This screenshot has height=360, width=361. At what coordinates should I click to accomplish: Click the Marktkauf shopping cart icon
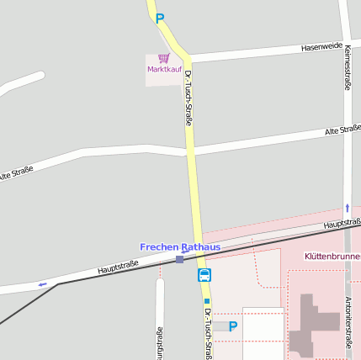pos(163,58)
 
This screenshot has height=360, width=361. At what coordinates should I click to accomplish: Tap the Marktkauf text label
pos(163,69)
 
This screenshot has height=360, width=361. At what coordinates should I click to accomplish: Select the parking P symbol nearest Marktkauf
pos(160,18)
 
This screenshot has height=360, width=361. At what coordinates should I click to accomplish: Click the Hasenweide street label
pos(322,46)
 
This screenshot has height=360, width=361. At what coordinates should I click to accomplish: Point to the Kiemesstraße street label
pos(347,67)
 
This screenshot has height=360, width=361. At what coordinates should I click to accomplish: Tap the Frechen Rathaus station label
pos(180,247)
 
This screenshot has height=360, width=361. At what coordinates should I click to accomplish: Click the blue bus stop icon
pos(204,275)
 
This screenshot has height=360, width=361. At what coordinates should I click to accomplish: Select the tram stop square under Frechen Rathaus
pos(179,260)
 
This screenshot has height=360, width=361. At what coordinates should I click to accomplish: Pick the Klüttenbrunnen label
pos(332,255)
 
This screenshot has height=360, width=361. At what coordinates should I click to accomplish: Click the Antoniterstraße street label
pos(348,322)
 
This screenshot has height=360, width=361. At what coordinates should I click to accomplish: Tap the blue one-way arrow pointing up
pos(347,207)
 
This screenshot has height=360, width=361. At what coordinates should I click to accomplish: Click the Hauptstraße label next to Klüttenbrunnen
pos(342,224)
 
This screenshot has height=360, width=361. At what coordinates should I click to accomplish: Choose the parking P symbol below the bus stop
pos(233,326)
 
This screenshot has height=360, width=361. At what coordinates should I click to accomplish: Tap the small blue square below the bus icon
pos(206,300)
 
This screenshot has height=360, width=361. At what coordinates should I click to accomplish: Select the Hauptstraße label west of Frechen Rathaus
pos(118,268)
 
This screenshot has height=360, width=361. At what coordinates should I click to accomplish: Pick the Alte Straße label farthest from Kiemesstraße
pos(17,173)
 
